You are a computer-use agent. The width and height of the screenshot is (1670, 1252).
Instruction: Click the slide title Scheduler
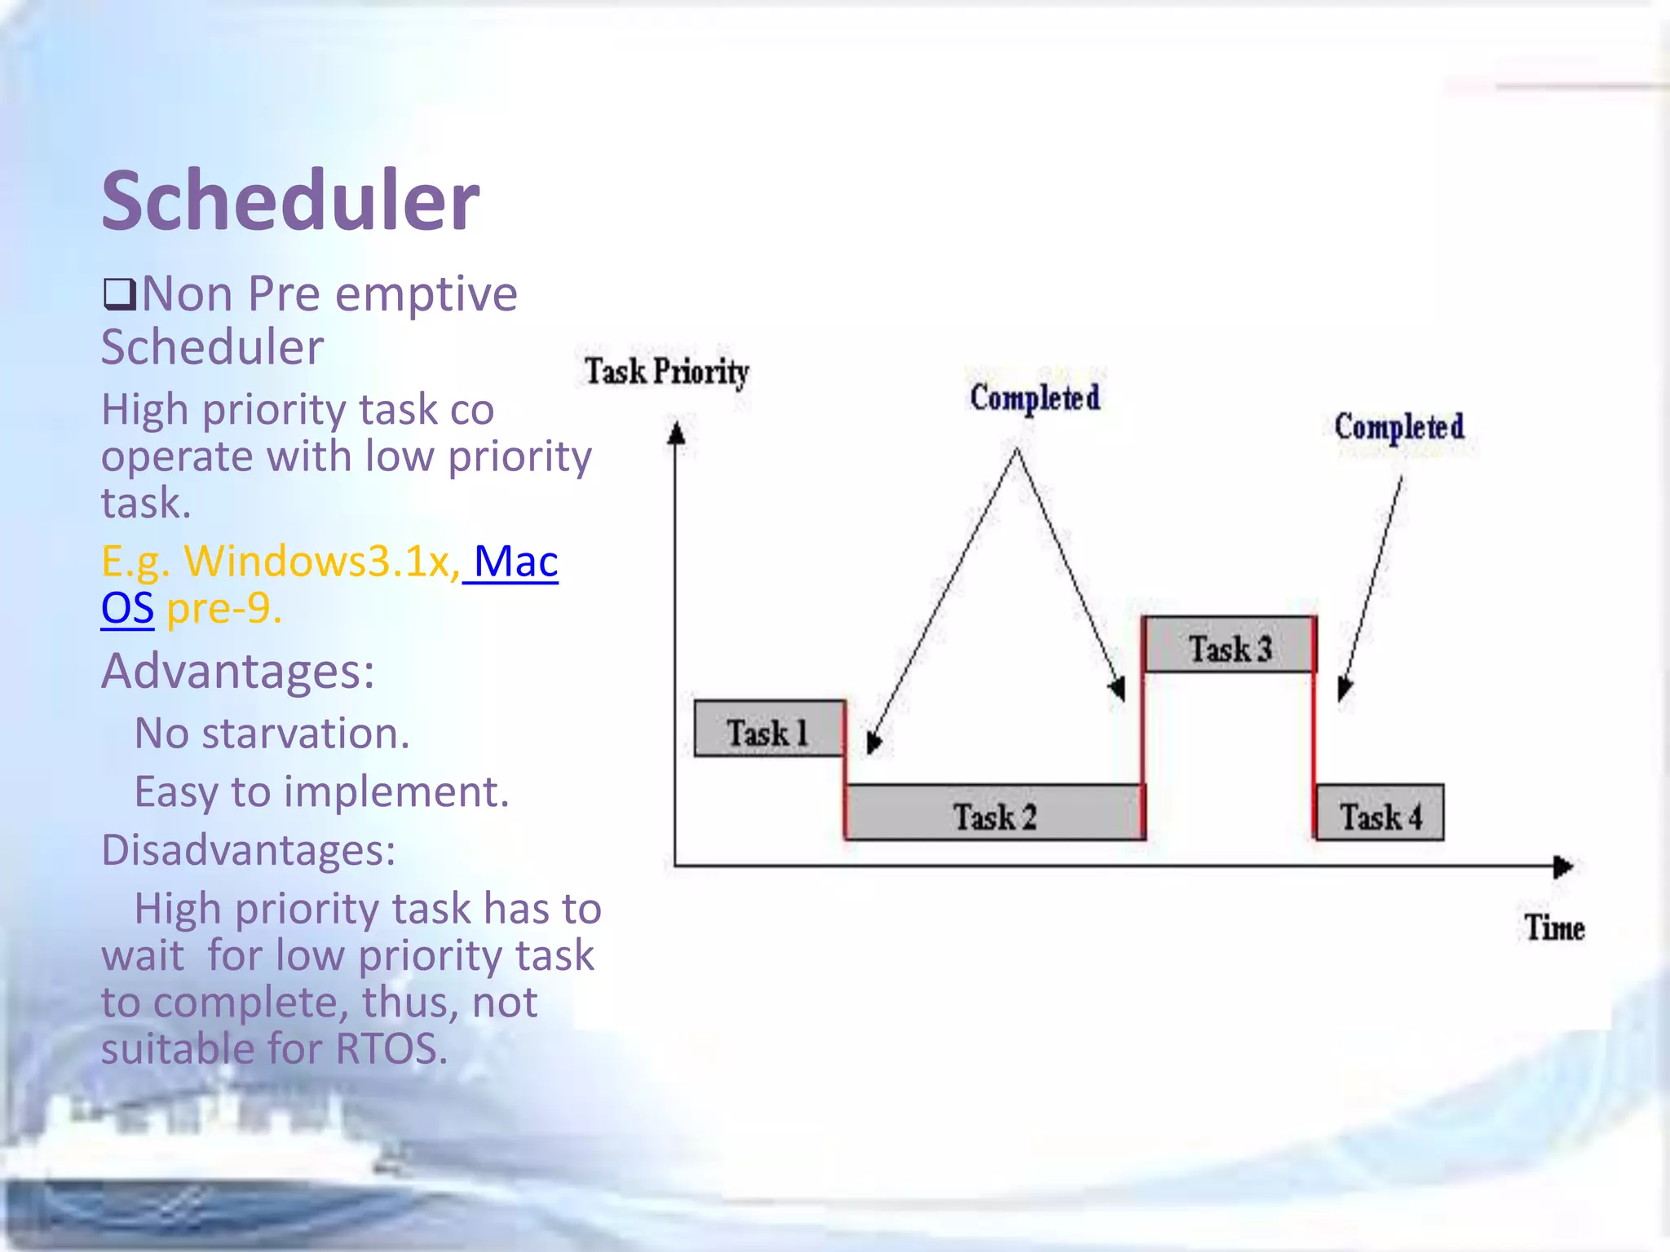pyautogui.click(x=290, y=201)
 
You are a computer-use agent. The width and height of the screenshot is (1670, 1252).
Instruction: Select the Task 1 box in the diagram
pyautogui.click(x=768, y=730)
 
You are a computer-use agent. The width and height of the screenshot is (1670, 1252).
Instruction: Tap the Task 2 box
pyautogui.click(x=994, y=813)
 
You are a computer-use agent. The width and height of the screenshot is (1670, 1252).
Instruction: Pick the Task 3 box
pyautogui.click(x=1230, y=646)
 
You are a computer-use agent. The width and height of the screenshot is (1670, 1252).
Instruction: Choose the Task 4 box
pyautogui.click(x=1380, y=813)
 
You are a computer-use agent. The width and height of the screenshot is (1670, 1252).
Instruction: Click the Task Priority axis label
pyautogui.click(x=666, y=372)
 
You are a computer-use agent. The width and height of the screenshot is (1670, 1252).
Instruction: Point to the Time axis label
pyautogui.click(x=1554, y=928)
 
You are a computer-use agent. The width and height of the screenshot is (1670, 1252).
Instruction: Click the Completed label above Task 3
pyautogui.click(x=1398, y=427)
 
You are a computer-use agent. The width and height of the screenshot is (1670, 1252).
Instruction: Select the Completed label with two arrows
pyautogui.click(x=1034, y=399)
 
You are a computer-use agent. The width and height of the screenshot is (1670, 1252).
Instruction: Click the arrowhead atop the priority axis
pyautogui.click(x=675, y=433)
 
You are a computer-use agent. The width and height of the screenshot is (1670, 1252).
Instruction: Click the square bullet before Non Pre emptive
pyautogui.click(x=119, y=294)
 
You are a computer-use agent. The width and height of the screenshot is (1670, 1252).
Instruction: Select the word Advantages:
pyautogui.click(x=237, y=672)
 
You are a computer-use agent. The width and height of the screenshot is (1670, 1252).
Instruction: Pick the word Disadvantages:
pyautogui.click(x=248, y=850)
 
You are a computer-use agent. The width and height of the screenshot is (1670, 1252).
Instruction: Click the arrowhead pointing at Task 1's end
pyautogui.click(x=873, y=741)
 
